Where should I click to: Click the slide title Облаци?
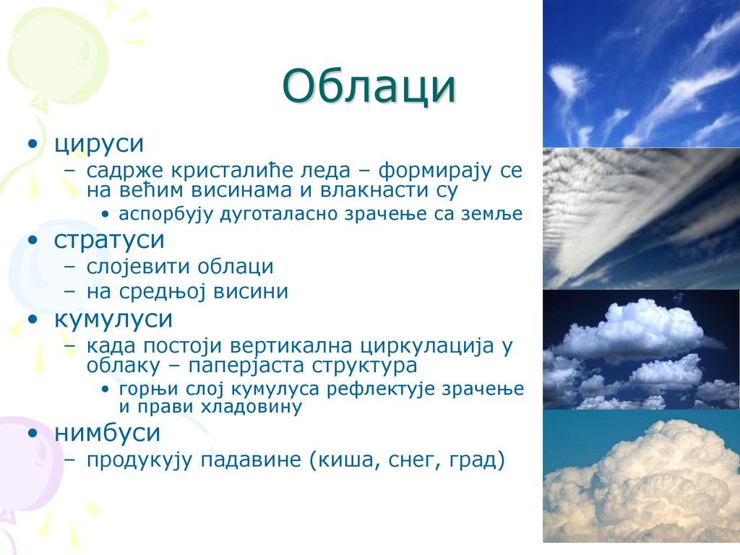(x=369, y=87)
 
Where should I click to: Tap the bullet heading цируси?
(x=99, y=144)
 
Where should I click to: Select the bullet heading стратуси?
(x=109, y=240)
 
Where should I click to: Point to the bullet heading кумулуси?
(x=113, y=319)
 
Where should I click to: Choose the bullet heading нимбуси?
(x=108, y=432)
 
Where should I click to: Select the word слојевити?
(x=139, y=267)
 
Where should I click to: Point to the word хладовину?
(x=251, y=407)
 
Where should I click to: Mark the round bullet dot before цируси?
(x=33, y=144)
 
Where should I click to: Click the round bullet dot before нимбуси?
(x=33, y=433)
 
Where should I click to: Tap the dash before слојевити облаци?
(x=70, y=267)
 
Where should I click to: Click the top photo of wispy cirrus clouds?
(x=642, y=74)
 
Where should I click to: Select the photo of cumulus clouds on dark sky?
(x=642, y=349)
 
